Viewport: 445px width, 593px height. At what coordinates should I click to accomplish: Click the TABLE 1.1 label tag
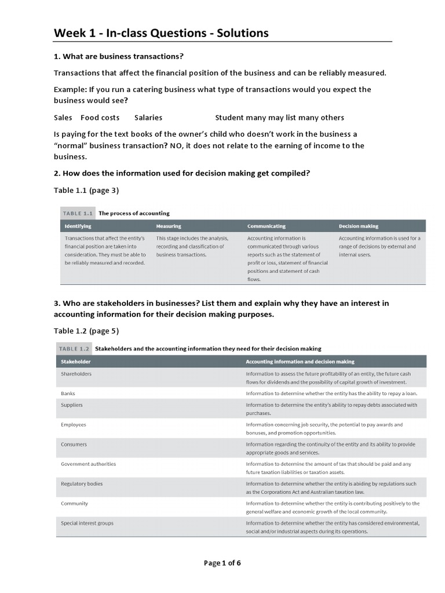76,213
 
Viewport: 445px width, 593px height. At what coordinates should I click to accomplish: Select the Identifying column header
78,226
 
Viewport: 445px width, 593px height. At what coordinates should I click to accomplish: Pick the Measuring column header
169,226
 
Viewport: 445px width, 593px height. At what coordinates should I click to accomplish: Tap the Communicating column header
266,226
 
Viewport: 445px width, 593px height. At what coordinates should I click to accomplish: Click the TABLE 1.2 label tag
74,349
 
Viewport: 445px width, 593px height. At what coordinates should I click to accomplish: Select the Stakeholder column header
76,362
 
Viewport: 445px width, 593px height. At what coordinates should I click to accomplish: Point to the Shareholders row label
76,374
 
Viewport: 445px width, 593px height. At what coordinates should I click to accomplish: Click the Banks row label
68,394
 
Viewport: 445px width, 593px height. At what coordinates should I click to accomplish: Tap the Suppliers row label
72,405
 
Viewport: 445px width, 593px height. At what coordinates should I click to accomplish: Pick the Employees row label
74,425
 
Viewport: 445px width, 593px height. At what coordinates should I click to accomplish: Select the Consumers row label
74,445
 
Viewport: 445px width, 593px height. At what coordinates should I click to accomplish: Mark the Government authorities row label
88,464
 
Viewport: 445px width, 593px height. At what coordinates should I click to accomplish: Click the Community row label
74,504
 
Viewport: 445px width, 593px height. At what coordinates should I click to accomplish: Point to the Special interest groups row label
87,524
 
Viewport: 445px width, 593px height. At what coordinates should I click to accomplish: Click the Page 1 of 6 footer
222,563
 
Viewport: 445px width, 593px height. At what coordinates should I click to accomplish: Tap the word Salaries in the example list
148,118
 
